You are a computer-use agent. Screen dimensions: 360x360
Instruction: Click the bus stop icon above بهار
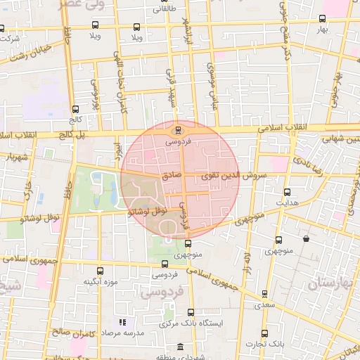[322, 19]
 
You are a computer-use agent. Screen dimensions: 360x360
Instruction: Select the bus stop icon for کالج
[75, 109]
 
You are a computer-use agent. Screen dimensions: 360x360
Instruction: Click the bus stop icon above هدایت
[287, 191]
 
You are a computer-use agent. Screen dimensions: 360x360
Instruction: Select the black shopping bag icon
[306, 239]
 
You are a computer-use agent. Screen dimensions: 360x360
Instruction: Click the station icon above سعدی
[264, 293]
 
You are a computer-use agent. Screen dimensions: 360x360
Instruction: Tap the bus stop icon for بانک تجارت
[264, 333]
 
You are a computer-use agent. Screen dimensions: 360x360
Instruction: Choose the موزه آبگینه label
[99, 283]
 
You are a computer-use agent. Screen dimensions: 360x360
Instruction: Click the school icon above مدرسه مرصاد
[122, 322]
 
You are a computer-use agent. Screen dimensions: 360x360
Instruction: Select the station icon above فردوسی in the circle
[178, 129]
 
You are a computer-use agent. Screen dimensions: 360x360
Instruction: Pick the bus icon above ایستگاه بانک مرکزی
[191, 311]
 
